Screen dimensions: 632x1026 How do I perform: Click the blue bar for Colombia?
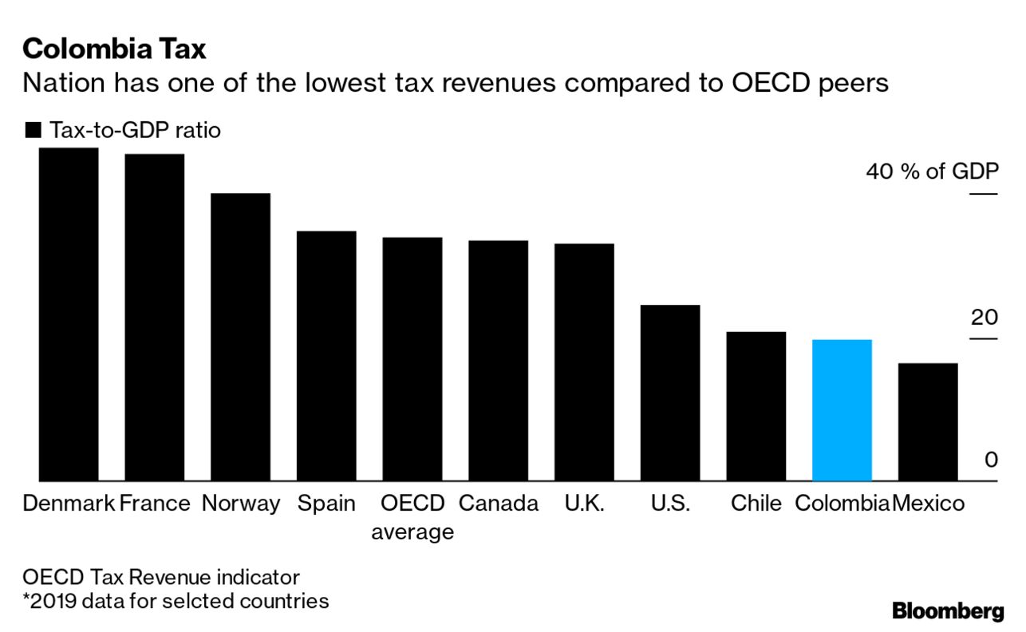coord(842,410)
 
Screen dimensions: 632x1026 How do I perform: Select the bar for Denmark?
coord(69,314)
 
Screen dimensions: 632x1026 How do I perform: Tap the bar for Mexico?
coord(928,422)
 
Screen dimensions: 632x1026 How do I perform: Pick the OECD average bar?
coord(412,359)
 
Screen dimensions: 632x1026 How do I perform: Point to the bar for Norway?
coord(240,337)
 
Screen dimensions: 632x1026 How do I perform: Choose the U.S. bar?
coord(670,393)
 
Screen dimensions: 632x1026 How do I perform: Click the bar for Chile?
coord(756,406)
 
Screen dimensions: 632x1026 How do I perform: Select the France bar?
coord(155,318)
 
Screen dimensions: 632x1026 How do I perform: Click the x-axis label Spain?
coord(326,504)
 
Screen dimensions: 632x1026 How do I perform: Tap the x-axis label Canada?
coord(499,504)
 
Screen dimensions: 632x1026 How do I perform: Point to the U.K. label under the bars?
coord(584,504)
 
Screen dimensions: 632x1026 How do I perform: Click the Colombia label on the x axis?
coord(843,504)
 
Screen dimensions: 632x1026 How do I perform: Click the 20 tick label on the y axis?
coord(984,318)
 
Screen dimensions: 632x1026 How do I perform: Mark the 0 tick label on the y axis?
coord(990,461)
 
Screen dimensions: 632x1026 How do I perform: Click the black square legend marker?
coord(33,131)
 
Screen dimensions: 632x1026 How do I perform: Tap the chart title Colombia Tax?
coord(115,49)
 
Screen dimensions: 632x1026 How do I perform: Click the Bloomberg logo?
coord(948,611)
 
